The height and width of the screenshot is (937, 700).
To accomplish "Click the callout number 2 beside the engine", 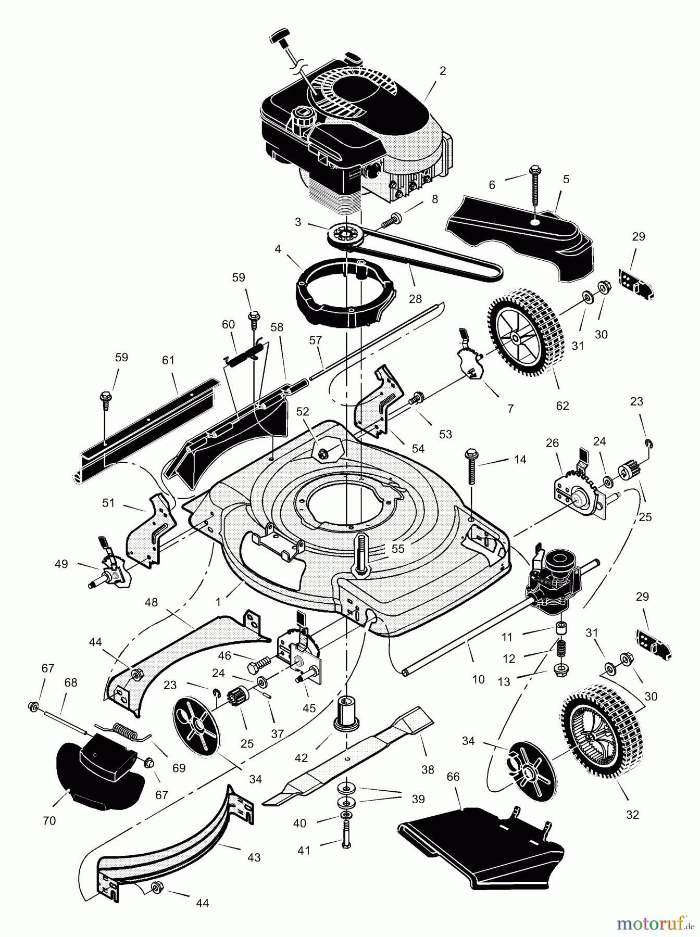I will coord(443,71).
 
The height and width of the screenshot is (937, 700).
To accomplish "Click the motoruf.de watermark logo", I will coord(655,924).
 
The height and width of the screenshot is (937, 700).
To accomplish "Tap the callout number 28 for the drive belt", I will coord(415,299).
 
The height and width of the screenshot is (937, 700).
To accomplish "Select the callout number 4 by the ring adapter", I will coord(278,250).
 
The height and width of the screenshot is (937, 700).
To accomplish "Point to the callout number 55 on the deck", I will coord(398,548).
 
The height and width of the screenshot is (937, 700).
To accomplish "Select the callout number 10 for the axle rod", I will coord(478,678).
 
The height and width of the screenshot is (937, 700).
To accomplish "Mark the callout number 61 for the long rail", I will coord(168,360).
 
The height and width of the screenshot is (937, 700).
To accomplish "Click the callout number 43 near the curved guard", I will coord(254,858).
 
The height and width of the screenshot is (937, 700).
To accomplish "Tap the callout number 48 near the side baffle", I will coord(151,602).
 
